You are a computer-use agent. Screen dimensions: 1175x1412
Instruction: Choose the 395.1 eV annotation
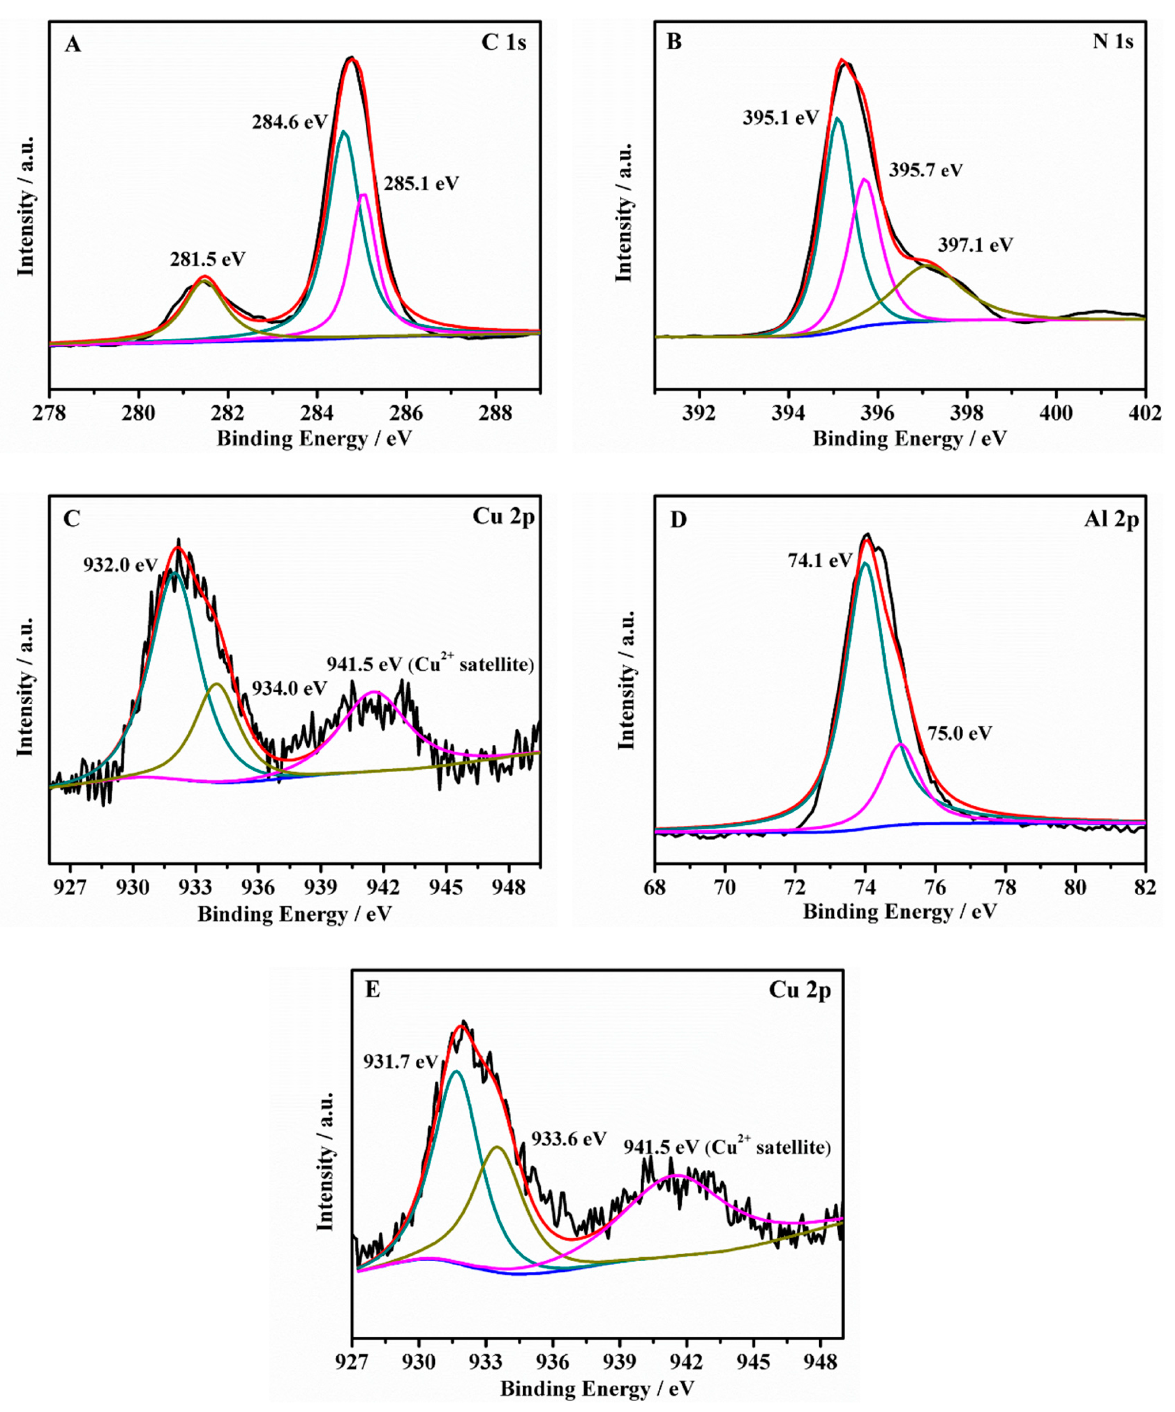pyautogui.click(x=781, y=118)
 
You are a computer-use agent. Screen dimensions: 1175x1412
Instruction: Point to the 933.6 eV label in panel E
pyautogui.click(x=569, y=1139)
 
